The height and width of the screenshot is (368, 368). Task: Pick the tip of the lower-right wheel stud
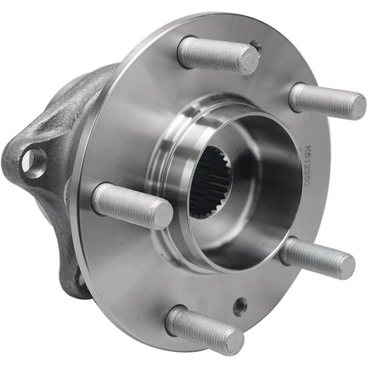pos(347,266)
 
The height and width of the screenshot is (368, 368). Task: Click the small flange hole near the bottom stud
pos(240,306)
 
